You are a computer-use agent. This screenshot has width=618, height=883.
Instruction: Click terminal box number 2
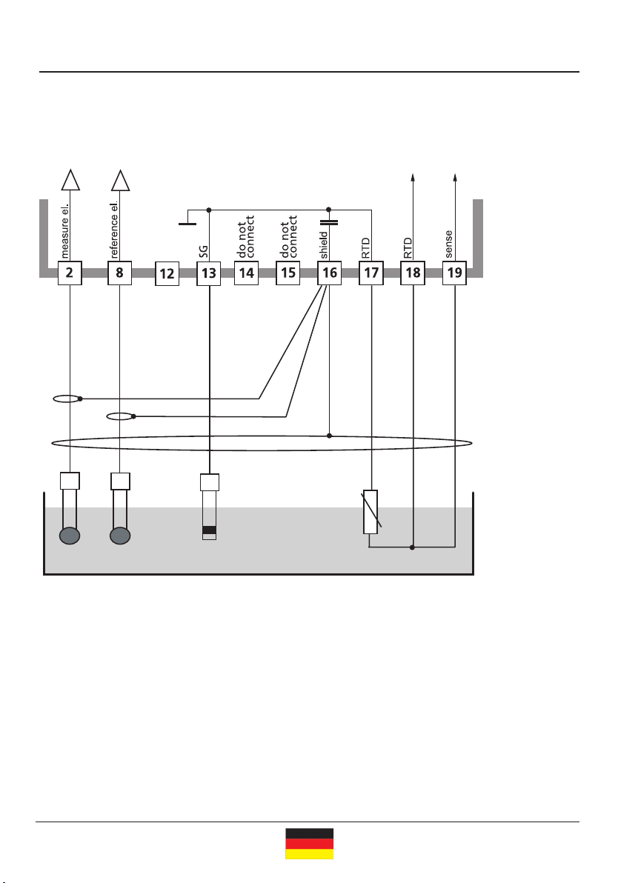click(70, 273)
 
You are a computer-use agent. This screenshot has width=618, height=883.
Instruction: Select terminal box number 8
click(119, 273)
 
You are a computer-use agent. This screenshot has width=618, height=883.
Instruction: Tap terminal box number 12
click(167, 273)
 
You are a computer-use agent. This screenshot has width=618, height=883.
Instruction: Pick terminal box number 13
click(208, 273)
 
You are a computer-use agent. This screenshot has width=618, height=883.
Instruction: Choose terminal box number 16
click(330, 273)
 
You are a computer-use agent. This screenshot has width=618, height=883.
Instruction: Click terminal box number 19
click(455, 273)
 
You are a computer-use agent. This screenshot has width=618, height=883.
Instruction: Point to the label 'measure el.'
click(64, 231)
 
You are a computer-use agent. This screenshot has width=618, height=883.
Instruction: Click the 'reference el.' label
click(114, 229)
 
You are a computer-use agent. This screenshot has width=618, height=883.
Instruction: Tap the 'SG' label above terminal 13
click(203, 252)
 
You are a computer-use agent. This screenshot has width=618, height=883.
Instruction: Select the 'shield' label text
click(324, 245)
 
